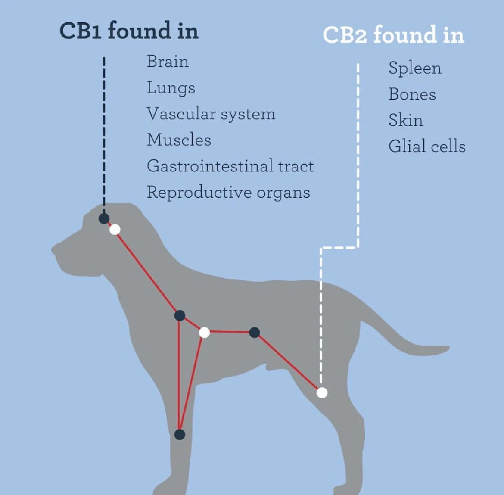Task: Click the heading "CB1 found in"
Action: pyautogui.click(x=129, y=31)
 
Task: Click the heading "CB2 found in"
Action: pyautogui.click(x=393, y=35)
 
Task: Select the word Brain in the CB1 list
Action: pyautogui.click(x=168, y=62)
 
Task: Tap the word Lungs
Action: pyautogui.click(x=171, y=88)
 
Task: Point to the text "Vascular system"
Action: pyautogui.click(x=211, y=114)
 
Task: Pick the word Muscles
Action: pyautogui.click(x=179, y=140)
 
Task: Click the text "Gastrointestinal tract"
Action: pyautogui.click(x=230, y=166)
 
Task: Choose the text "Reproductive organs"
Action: pyautogui.click(x=228, y=193)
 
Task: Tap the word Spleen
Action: pyautogui.click(x=415, y=68)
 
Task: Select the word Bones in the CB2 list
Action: pyautogui.click(x=412, y=94)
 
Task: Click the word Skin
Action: pyautogui.click(x=405, y=120)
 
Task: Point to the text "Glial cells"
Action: pyautogui.click(x=427, y=146)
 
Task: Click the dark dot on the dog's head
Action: pyautogui.click(x=104, y=218)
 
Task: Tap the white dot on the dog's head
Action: pyautogui.click(x=115, y=230)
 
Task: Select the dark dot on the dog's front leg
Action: pyautogui.click(x=180, y=434)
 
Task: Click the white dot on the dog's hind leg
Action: pyautogui.click(x=322, y=392)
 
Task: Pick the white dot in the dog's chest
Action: pyautogui.click(x=204, y=332)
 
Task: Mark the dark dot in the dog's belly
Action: pyautogui.click(x=255, y=332)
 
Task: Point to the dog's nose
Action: pyautogui.click(x=53, y=249)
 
